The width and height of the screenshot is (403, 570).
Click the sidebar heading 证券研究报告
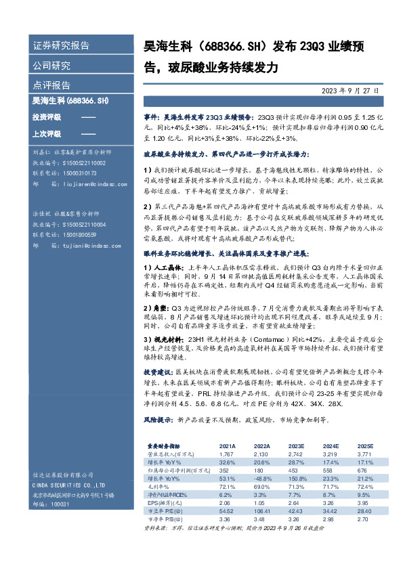62,46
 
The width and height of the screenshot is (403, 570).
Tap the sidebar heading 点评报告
52,85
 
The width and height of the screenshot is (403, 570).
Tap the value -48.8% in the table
262,478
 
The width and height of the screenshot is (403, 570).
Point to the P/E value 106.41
261,510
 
